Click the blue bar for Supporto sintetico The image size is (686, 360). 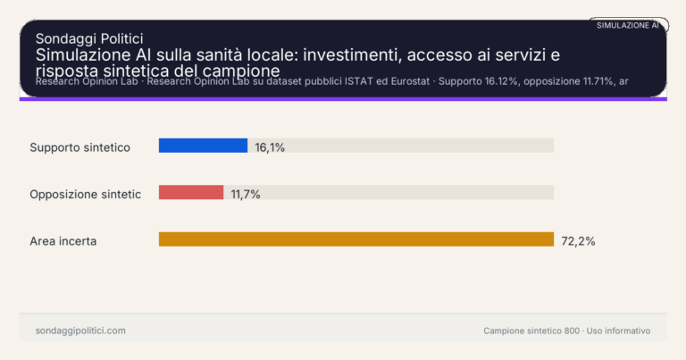pyautogui.click(x=203, y=146)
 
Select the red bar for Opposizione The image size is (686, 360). pyautogui.click(x=191, y=192)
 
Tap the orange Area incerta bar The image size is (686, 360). pyautogui.click(x=356, y=239)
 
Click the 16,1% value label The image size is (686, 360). pyautogui.click(x=270, y=147)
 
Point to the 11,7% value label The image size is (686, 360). pyautogui.click(x=246, y=194)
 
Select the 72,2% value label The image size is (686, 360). pyautogui.click(x=578, y=241)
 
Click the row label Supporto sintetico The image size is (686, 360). pyautogui.click(x=80, y=147)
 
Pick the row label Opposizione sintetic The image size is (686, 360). pyautogui.click(x=86, y=194)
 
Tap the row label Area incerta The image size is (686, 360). pyautogui.click(x=63, y=241)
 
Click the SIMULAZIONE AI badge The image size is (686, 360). pyautogui.click(x=628, y=25)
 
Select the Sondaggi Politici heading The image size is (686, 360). pyautogui.click(x=89, y=38)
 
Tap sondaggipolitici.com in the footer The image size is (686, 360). pyautogui.click(x=80, y=331)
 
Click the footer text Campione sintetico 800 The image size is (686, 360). pyautogui.click(x=531, y=331)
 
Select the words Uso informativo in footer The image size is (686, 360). pyautogui.click(x=619, y=331)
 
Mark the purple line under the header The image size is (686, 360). pyautogui.click(x=343, y=98)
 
